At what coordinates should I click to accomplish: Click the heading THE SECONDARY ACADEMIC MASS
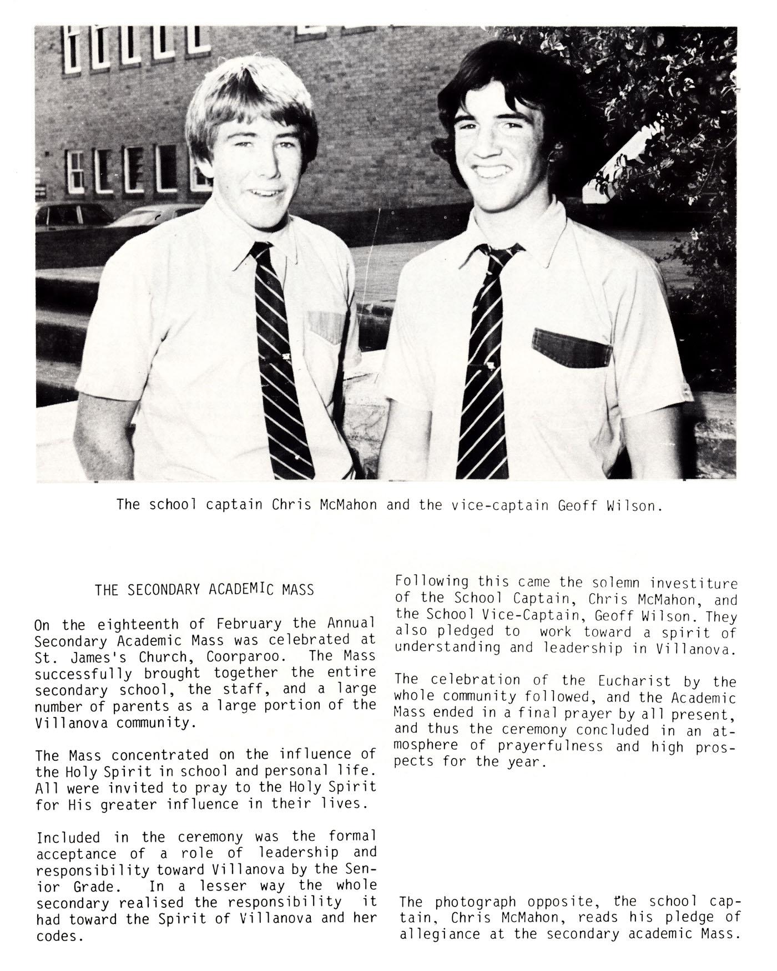[x=204, y=589]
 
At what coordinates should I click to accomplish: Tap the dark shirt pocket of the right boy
[x=572, y=348]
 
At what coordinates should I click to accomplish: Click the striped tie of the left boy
[x=281, y=361]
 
